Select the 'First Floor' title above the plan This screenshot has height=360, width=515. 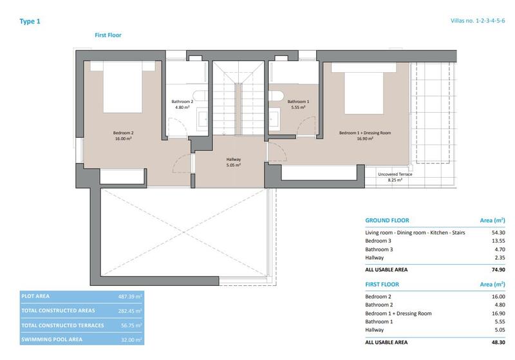(108, 35)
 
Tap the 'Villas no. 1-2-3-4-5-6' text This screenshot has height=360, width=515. (478, 21)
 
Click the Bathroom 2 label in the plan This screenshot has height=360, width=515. (182, 104)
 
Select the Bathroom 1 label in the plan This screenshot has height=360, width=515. (298, 104)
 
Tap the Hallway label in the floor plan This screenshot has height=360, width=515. (233, 162)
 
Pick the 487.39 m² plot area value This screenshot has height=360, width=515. (129, 296)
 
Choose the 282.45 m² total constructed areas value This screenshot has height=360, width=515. (129, 311)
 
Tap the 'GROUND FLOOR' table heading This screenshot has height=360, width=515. (387, 220)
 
